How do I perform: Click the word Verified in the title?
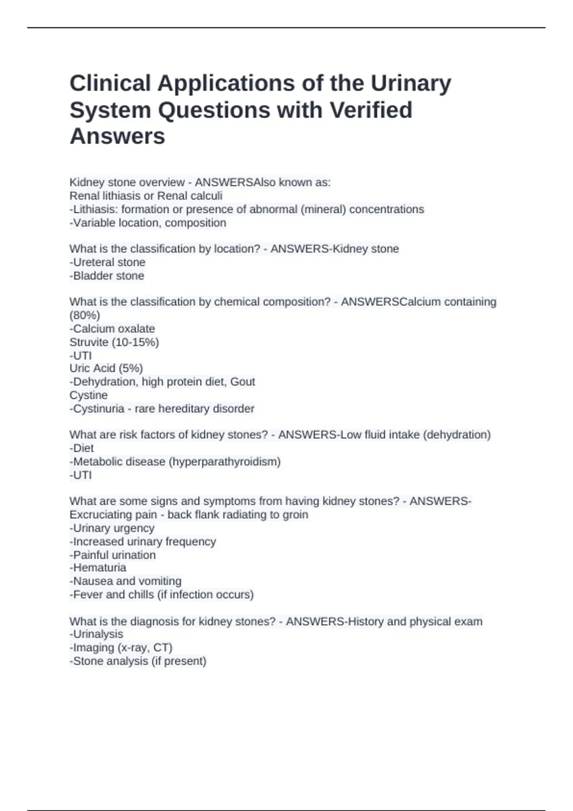(370, 110)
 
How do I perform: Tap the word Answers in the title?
(117, 136)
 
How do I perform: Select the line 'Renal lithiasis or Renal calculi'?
(146, 196)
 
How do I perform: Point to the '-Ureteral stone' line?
(107, 262)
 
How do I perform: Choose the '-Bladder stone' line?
(106, 276)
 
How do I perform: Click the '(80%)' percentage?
(85, 315)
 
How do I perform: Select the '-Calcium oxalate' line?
(112, 329)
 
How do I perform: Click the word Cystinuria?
(98, 409)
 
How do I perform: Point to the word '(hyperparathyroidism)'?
(224, 462)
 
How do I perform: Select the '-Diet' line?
(82, 448)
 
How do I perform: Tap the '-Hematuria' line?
(98, 568)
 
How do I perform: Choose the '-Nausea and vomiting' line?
(125, 581)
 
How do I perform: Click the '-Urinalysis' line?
(96, 634)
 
